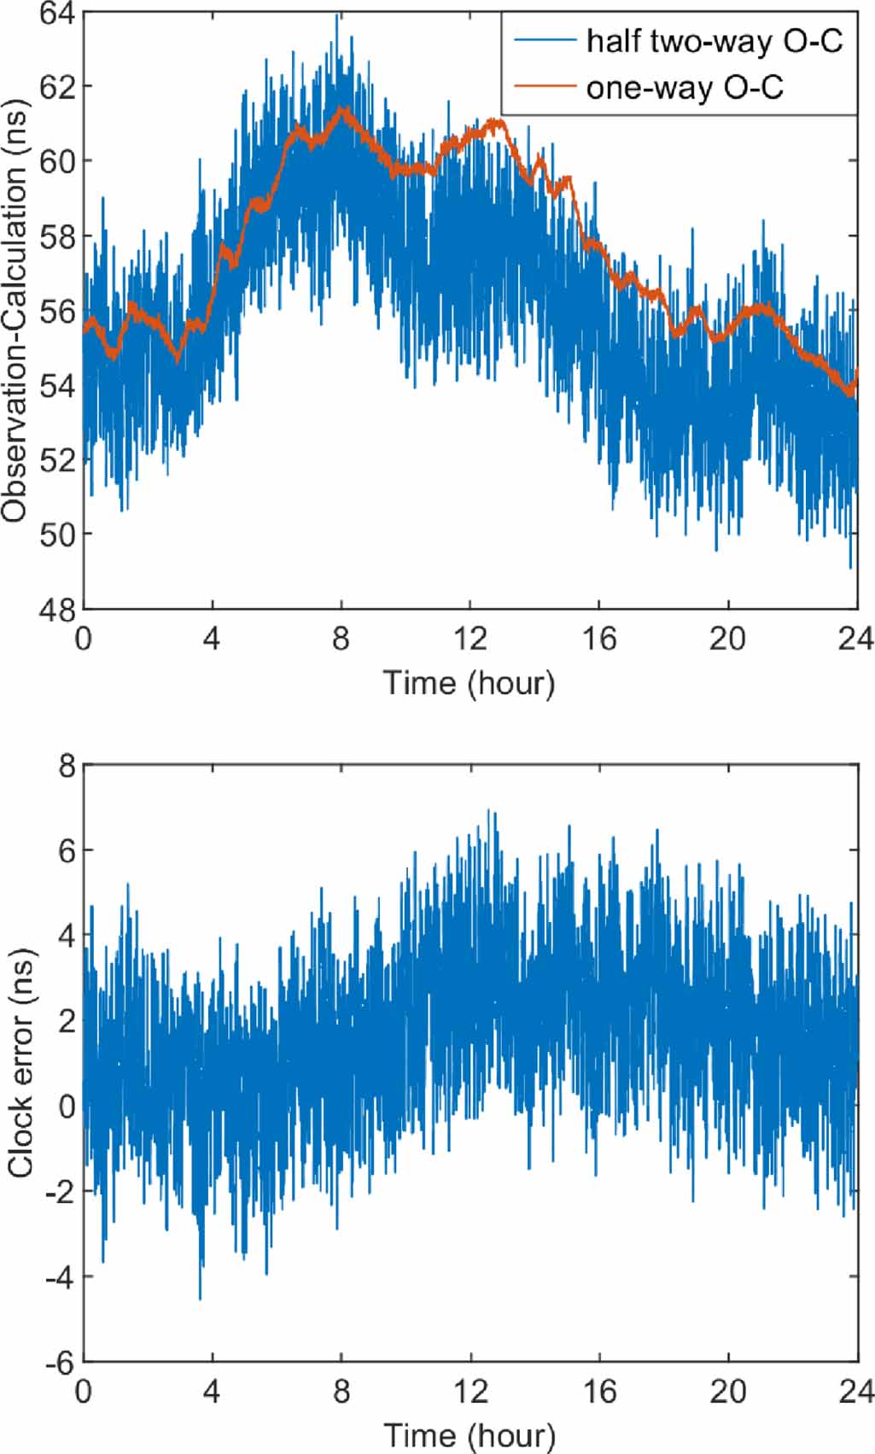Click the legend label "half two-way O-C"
click(x=714, y=40)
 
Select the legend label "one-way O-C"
click(x=684, y=87)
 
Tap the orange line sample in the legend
click(x=544, y=86)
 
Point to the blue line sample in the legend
click(x=544, y=39)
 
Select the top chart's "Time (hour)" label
click(x=469, y=683)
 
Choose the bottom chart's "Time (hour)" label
click(x=469, y=1434)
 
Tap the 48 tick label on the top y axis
click(x=56, y=609)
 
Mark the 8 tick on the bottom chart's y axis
click(x=65, y=765)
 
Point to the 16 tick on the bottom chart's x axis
click(x=599, y=1392)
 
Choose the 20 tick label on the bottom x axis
click(x=727, y=1392)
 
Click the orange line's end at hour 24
click(x=856, y=373)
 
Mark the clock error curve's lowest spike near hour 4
click(x=201, y=1299)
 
